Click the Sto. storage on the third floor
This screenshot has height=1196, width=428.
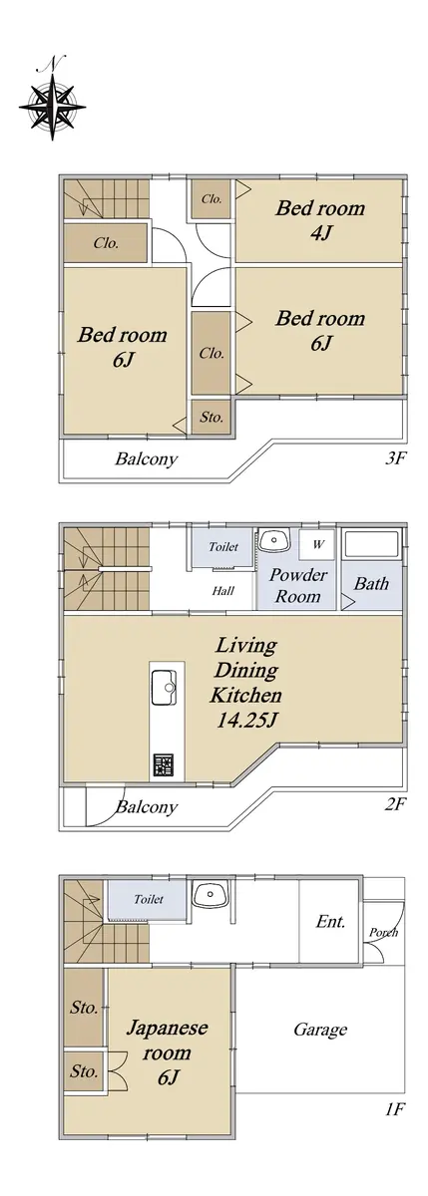212,417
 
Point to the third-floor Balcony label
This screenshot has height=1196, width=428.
146,458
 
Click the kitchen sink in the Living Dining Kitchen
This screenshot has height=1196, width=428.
164,686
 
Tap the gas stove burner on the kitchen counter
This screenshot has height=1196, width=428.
164,765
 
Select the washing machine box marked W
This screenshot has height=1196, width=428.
317,544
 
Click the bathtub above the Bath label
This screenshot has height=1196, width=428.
371,544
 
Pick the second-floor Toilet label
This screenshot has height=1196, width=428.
223,546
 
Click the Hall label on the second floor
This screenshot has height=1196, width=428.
222,590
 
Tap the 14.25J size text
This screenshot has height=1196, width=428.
245,721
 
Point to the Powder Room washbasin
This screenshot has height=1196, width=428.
274,540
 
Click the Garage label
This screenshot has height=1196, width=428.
320,1029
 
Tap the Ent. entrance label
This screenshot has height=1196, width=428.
331,921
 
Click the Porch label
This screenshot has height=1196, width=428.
383,932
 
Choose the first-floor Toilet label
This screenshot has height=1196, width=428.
149,899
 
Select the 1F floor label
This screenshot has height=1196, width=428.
393,1110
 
